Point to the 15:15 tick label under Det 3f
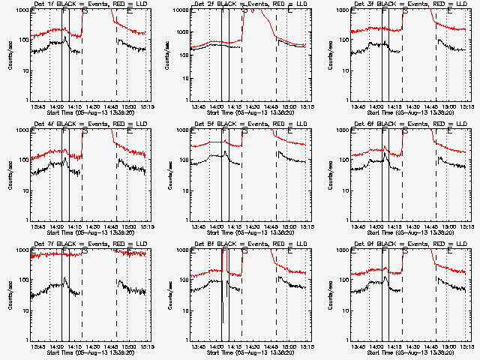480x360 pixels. pos(468,106)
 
